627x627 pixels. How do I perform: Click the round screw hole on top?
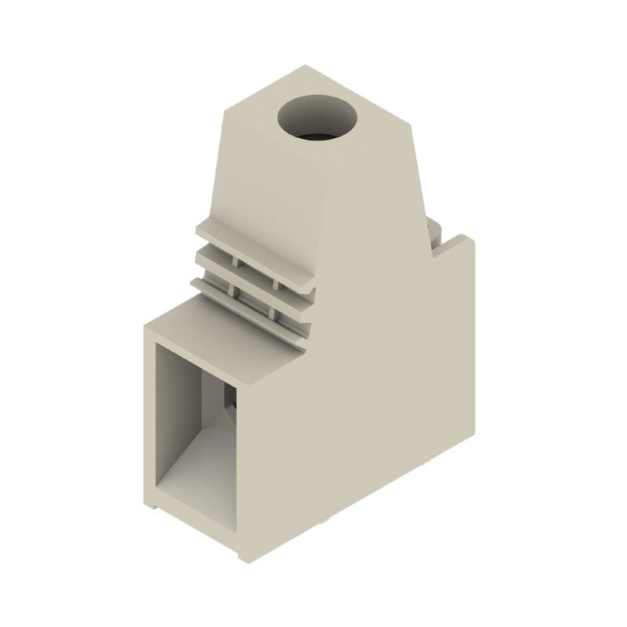[x=317, y=119]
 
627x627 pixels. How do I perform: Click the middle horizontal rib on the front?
[x=251, y=271]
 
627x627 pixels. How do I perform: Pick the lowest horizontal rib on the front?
[x=251, y=299]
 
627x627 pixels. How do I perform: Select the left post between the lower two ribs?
[x=232, y=291]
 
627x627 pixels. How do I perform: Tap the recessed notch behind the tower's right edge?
[x=433, y=235]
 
